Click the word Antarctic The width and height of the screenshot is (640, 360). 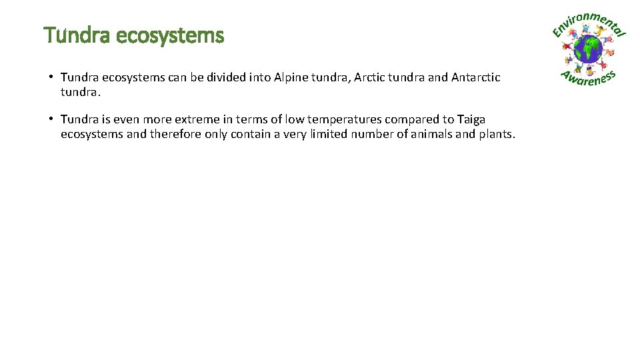coord(476,77)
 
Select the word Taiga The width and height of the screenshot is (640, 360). coord(471,119)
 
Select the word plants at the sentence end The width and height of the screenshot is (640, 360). coord(497,134)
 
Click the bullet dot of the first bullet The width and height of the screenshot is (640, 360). coord(51,77)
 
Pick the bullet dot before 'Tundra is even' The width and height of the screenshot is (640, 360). coord(51,119)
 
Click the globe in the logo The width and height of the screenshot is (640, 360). coord(588,48)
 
